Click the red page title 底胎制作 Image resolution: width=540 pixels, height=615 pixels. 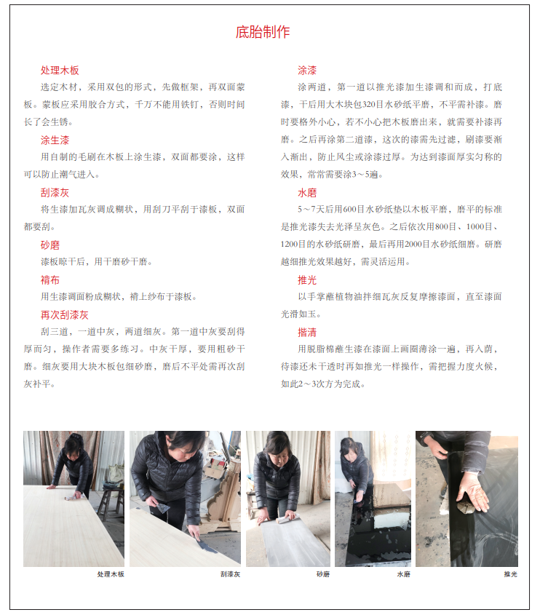[262, 32]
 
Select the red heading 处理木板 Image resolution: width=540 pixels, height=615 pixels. [60, 70]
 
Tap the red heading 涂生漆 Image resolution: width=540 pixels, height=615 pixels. [55, 140]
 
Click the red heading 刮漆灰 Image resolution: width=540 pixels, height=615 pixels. [55, 193]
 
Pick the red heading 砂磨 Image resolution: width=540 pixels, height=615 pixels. [50, 245]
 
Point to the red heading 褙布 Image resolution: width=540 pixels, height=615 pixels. [50, 280]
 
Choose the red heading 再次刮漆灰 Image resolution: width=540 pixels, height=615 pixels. [64, 315]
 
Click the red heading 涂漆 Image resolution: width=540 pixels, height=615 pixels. [307, 70]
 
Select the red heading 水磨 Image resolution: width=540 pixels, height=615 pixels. [307, 193]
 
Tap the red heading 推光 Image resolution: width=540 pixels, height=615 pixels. [307, 280]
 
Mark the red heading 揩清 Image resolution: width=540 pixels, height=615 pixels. [307, 332]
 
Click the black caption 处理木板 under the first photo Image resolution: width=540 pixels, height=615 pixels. [111, 574]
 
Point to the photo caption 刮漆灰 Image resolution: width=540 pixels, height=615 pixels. [230, 574]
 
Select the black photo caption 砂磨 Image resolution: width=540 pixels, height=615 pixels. [323, 574]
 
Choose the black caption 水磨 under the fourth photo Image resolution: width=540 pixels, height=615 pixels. [403, 574]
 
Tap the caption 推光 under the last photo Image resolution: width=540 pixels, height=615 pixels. [511, 574]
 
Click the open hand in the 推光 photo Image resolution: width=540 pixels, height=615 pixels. [472, 492]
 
